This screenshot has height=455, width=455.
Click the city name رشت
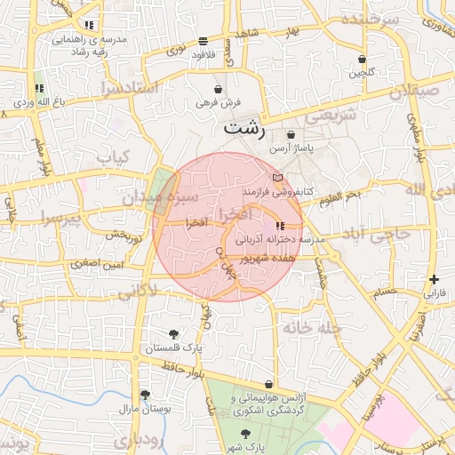tap(245, 127)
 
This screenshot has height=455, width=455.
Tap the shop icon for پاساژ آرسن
tap(291, 134)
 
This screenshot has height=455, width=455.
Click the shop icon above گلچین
tap(362, 60)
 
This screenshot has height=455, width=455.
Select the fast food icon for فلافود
tap(204, 41)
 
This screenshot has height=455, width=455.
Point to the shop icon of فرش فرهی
tap(219, 90)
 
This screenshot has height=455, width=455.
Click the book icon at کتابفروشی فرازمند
tap(277, 178)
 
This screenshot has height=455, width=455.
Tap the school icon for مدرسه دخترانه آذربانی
tap(281, 227)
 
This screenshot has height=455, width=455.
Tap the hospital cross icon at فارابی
tap(434, 279)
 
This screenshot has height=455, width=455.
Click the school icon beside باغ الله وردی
tap(38, 89)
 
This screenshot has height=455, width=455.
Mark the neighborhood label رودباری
tap(138, 440)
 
